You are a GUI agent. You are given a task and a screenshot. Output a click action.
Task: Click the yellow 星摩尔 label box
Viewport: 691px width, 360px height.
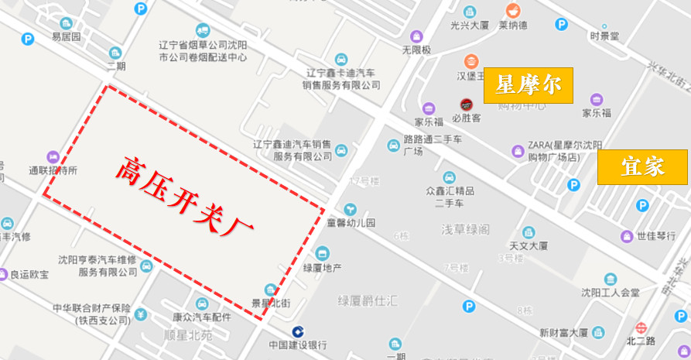coord(529,85)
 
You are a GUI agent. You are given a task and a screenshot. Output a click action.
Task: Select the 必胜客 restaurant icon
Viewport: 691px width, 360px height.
coord(466,105)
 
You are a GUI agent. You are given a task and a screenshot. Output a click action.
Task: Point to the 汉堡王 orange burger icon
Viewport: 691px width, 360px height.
coord(470,61)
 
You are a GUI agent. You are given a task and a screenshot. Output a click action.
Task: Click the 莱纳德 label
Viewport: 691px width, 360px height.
coord(512,25)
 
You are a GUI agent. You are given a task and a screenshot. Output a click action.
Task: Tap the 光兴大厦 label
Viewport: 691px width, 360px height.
coord(469,25)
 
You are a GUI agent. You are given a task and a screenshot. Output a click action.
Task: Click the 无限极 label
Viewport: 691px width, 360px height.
coord(416,50)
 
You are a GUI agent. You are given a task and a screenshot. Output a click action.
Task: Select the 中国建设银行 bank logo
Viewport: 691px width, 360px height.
coord(297,331)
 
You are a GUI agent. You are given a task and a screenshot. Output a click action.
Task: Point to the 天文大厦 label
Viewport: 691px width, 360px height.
coord(529,245)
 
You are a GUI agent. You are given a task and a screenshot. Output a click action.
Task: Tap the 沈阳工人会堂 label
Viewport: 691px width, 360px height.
coord(611,292)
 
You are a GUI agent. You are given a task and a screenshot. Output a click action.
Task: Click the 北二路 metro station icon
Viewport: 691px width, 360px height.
coord(641,327)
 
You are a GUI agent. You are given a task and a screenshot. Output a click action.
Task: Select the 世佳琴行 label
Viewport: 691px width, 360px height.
coord(656,236)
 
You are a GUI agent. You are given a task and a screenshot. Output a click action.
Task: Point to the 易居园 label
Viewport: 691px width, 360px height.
coord(66,36)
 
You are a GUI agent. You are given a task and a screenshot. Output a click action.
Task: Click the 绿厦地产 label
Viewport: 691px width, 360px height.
coord(322,268)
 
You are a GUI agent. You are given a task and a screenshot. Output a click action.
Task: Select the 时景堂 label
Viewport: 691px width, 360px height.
coord(604,36)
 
